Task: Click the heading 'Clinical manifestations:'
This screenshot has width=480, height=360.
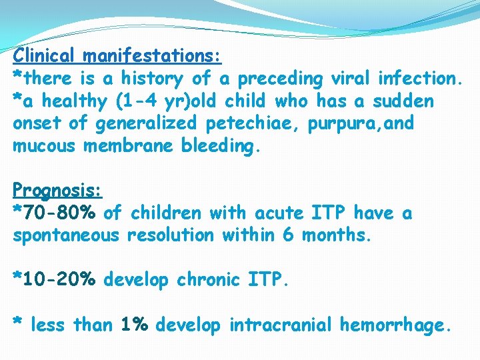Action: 117,55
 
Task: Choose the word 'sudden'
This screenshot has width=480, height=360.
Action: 403,101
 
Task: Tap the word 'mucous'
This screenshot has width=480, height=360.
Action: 44,146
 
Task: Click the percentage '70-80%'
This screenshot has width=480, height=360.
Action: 60,213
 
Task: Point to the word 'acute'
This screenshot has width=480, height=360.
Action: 277,213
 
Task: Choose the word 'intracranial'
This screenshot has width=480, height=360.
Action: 281,325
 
